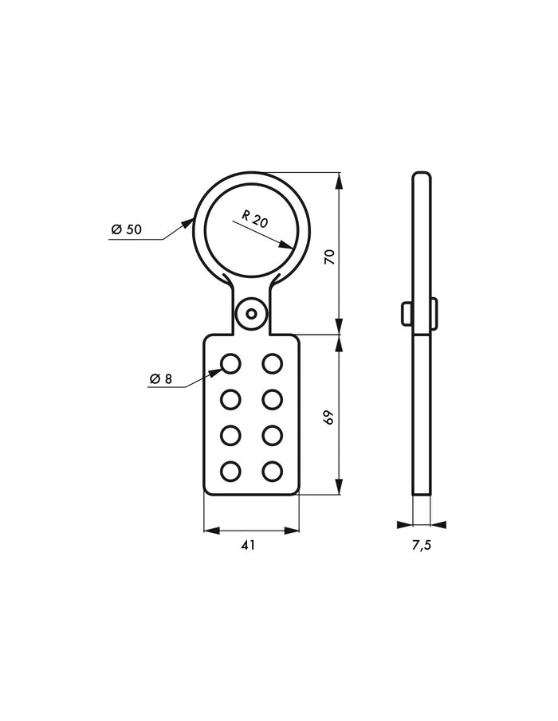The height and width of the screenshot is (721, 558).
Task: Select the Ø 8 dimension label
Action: point(160,379)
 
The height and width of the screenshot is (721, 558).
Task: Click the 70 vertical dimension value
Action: point(329,256)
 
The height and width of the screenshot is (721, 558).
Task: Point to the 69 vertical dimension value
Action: point(329,416)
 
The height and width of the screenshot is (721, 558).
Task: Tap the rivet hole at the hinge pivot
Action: point(252,313)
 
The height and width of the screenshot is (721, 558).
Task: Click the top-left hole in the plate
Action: point(230,364)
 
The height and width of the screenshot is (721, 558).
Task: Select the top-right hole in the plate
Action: point(273,364)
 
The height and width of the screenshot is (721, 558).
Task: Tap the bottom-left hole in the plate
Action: point(230,472)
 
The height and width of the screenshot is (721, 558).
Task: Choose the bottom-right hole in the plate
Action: point(273,472)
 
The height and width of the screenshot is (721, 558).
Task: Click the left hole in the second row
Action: point(230,399)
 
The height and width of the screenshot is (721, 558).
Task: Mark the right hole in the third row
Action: point(273,436)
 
